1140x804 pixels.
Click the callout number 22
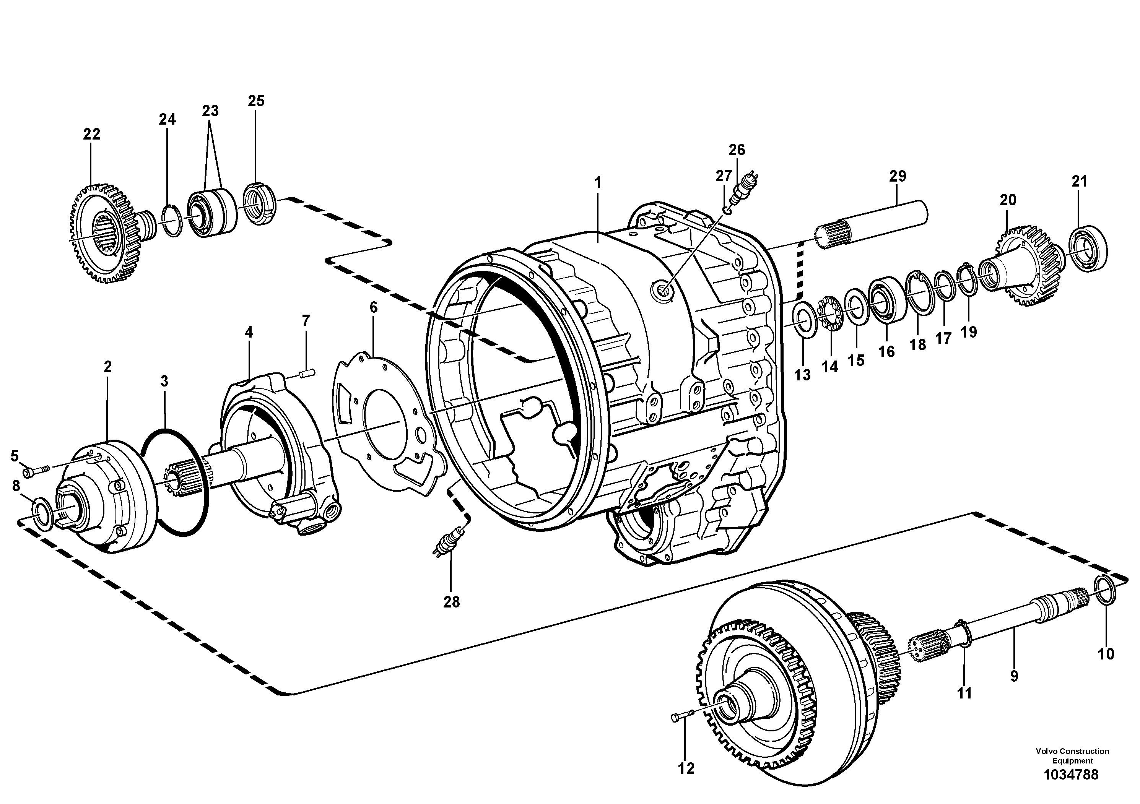pyautogui.click(x=91, y=134)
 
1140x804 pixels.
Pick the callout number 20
pyautogui.click(x=1008, y=200)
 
